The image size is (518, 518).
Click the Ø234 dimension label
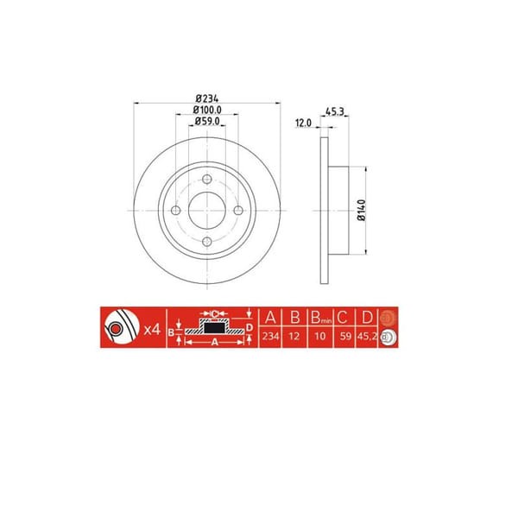coord(206,98)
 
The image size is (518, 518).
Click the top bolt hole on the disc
coord(207,180)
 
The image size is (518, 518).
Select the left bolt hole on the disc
coord(176,212)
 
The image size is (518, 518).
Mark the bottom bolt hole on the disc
coord(207,243)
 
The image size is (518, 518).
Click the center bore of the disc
coord(207,212)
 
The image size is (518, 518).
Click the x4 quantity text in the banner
coord(153,329)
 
